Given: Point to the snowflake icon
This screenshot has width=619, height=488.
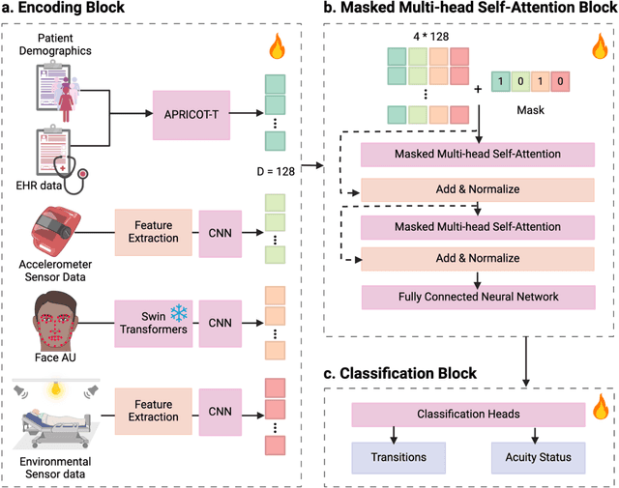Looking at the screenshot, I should pos(178,311).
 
